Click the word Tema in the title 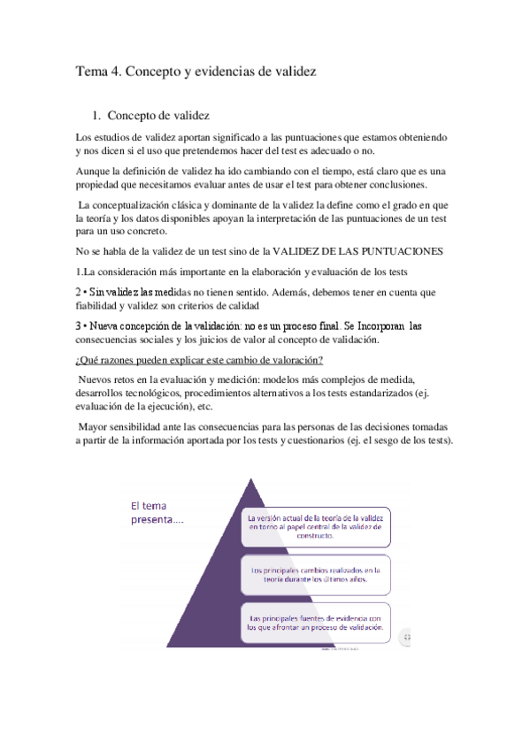point(91,72)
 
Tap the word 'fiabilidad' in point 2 point(102,305)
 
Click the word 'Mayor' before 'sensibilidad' point(96,426)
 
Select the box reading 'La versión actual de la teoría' point(316,527)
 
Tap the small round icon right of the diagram point(406,636)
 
